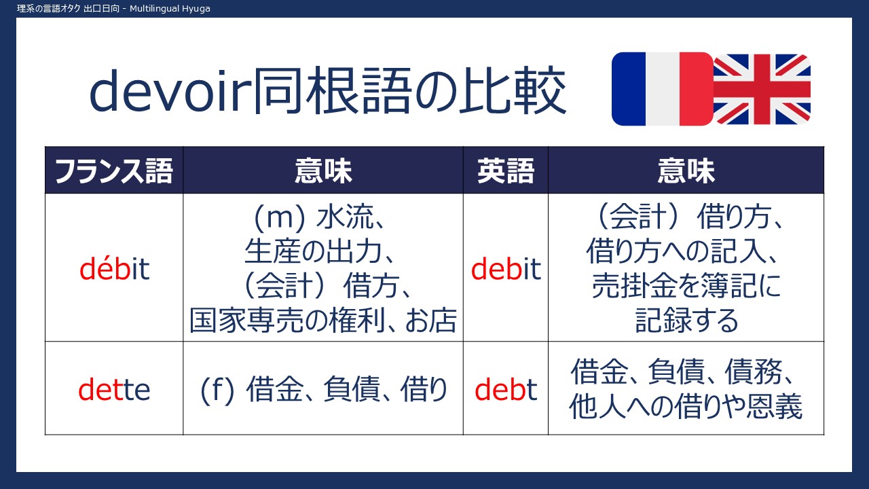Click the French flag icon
coord(663,89)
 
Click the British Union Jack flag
coord(762,89)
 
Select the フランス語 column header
coord(113,170)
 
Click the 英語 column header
coord(506,170)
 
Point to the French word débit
coord(115,268)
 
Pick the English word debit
coord(506,268)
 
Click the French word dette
coord(114,389)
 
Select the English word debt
coord(506,389)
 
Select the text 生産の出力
coord(314,251)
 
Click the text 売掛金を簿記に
coord(686,286)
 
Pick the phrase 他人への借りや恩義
coord(686,406)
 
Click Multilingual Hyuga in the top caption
coord(170,9)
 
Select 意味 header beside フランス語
coord(323,170)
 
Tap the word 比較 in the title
coord(513,90)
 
